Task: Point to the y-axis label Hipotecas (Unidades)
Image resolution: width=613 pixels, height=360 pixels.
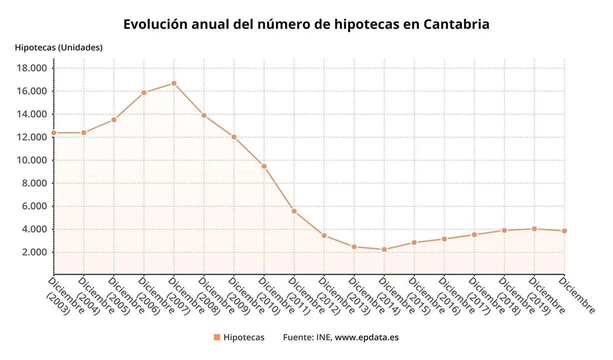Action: (x=58, y=47)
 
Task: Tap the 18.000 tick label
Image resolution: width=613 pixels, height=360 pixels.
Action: (x=32, y=68)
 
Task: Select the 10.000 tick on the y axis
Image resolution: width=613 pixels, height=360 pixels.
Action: (x=32, y=160)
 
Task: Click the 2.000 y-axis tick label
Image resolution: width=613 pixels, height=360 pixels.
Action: (x=34, y=252)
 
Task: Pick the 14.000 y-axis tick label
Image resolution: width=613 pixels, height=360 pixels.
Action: (x=32, y=114)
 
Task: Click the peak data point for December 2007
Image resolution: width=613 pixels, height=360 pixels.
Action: (x=174, y=83)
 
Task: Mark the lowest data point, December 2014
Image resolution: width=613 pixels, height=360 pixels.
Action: (x=384, y=249)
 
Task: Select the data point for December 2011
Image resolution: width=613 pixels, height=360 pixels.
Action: (x=294, y=211)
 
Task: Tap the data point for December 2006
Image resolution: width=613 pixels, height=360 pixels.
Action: (x=144, y=92)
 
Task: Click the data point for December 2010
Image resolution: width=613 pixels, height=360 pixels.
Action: (x=264, y=166)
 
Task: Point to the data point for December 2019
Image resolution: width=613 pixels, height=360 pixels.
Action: (x=534, y=229)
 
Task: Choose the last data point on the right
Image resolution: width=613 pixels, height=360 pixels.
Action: (x=564, y=231)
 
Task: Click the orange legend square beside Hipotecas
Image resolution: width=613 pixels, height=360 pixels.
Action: (x=216, y=337)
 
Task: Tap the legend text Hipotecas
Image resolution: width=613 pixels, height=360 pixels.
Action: (x=244, y=337)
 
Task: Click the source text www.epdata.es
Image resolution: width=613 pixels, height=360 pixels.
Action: (x=366, y=337)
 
